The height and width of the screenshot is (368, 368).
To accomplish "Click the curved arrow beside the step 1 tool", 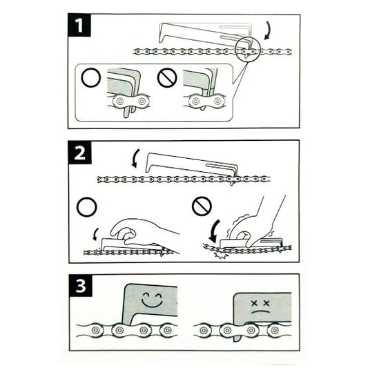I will coord(267,30).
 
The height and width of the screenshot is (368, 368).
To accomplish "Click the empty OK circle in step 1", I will coord(90,77).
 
